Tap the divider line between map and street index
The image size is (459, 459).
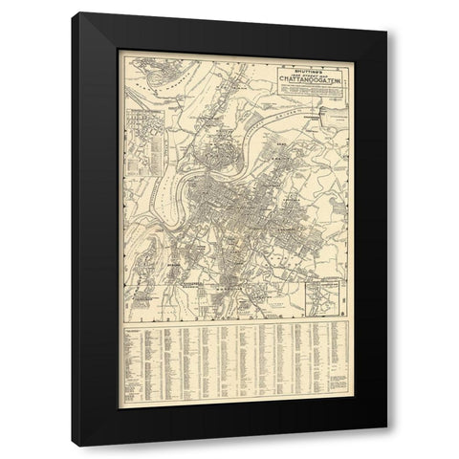click(x=234, y=324)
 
